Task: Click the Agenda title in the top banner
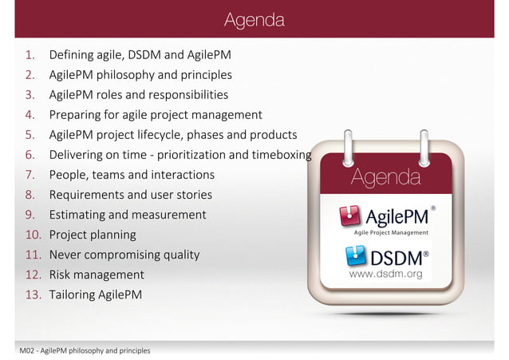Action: (x=254, y=18)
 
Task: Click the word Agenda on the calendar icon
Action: (x=386, y=176)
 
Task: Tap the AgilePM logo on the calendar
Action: (x=387, y=218)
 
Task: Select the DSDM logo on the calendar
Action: (x=387, y=258)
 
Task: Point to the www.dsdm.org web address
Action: (x=386, y=274)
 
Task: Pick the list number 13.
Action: (x=33, y=295)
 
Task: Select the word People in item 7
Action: (x=68, y=175)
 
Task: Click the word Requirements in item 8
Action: (x=89, y=195)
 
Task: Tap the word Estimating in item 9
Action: (x=79, y=215)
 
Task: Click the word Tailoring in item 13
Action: (x=74, y=295)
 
